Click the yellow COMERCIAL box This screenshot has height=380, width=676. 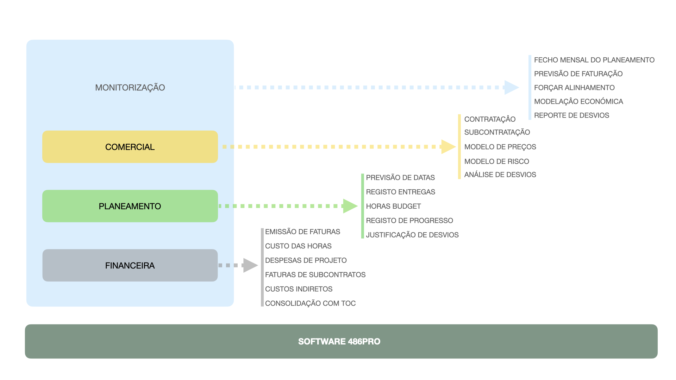point(130,147)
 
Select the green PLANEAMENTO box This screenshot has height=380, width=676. point(130,206)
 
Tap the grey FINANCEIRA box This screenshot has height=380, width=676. point(130,265)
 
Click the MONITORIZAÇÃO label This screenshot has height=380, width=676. point(130,88)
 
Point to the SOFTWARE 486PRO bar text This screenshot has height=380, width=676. point(339,342)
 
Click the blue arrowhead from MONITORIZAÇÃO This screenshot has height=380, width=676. point(511,88)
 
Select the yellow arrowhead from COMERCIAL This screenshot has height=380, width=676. point(448,147)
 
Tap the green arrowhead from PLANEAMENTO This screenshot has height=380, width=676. point(350,206)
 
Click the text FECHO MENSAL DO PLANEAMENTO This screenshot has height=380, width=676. point(594,60)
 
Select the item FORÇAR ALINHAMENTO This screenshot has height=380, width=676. point(574,88)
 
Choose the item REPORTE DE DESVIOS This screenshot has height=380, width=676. point(571,115)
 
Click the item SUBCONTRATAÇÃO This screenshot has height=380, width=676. point(497,132)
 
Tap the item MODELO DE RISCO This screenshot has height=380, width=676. point(496,161)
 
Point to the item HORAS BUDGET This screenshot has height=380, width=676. point(393,207)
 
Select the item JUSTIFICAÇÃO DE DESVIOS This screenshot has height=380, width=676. point(412,235)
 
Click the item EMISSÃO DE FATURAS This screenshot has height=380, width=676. point(302,232)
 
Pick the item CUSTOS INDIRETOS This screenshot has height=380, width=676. point(299,289)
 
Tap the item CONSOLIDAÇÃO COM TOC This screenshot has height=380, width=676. point(310,303)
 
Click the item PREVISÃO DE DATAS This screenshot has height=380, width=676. point(400,178)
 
